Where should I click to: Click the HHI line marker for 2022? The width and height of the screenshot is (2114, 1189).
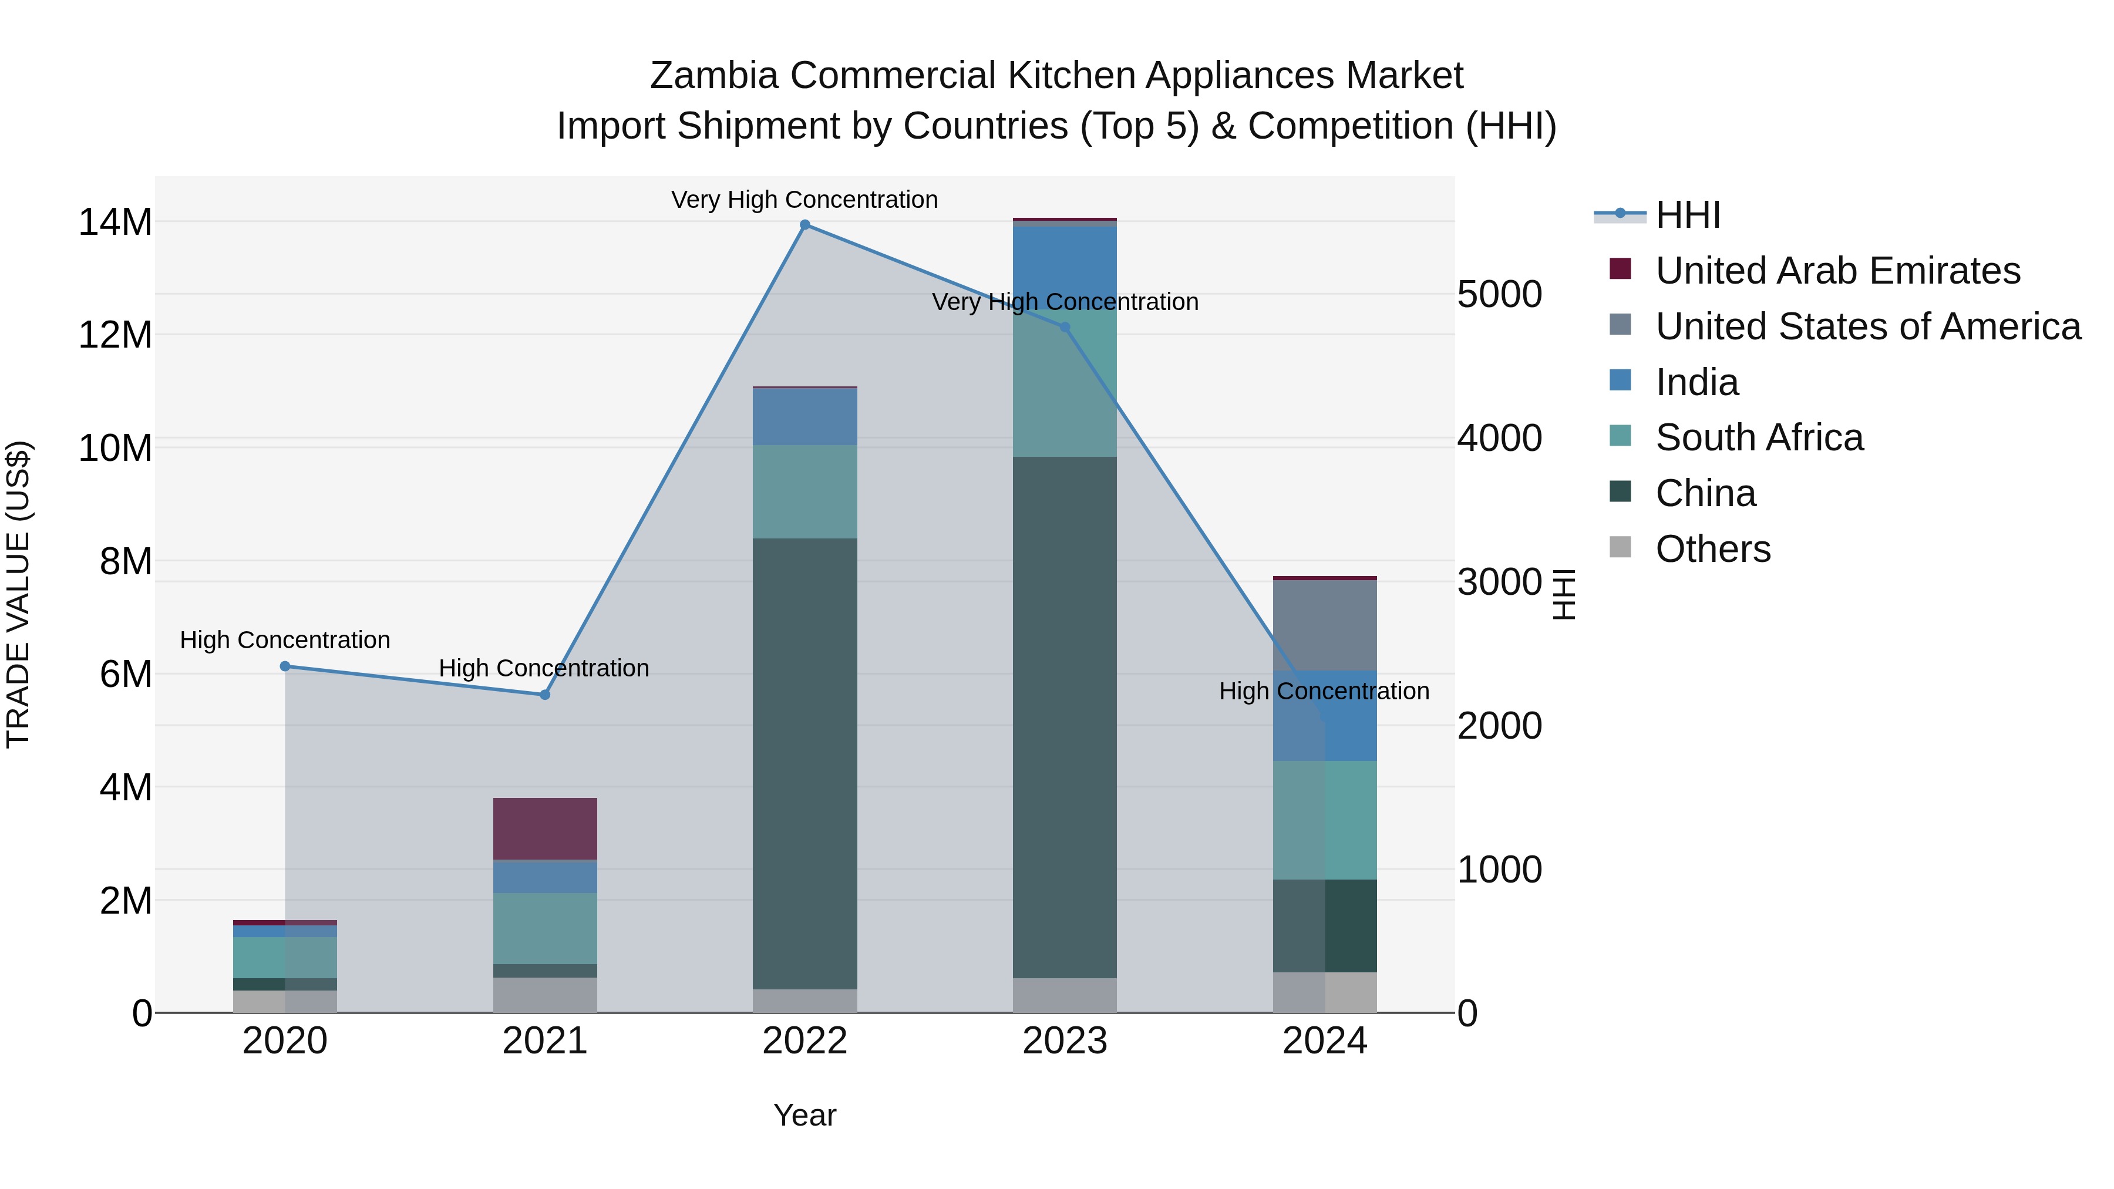coord(804,225)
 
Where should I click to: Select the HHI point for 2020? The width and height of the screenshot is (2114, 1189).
coord(285,666)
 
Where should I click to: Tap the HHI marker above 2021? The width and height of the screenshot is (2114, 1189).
coord(545,695)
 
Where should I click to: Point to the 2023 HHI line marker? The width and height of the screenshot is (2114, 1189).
coord(1065,328)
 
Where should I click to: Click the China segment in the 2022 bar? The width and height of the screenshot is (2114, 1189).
coord(804,763)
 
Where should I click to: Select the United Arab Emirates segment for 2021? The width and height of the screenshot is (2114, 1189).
coord(545,828)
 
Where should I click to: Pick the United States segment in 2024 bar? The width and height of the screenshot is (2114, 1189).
coord(1325,625)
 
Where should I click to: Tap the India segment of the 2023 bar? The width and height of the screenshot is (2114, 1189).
coord(1065,262)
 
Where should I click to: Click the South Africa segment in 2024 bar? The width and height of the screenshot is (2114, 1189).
coord(1325,821)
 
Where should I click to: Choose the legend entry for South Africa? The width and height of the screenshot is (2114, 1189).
coord(1759,437)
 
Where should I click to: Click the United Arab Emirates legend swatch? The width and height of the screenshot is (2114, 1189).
coord(1620,269)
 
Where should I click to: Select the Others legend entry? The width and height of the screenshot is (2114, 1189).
coord(1713,549)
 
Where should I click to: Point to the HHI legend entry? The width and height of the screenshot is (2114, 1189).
coord(1687,215)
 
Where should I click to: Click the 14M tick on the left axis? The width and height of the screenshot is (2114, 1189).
coord(115,223)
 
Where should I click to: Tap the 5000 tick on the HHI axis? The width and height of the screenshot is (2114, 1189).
coord(1499,295)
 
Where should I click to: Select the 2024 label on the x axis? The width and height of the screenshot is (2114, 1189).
coord(1325,1041)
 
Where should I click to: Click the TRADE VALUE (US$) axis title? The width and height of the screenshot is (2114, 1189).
coord(18,594)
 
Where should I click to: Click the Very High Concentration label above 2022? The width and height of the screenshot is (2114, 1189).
coord(804,200)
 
